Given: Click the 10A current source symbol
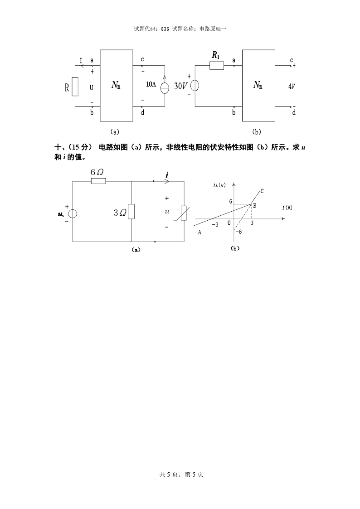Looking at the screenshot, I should (165, 86).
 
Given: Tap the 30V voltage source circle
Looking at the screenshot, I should (195, 86).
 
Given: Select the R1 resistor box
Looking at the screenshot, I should (217, 66).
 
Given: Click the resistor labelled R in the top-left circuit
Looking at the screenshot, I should (75, 86).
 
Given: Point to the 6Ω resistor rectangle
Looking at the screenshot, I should (98, 181).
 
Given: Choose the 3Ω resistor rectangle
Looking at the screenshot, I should (131, 211).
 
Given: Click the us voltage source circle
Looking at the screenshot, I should (73, 213).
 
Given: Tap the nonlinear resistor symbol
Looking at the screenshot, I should (184, 213).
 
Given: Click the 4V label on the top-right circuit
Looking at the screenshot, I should (292, 86).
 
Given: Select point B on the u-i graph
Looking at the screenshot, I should (252, 204).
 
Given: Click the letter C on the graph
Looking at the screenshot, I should (262, 192).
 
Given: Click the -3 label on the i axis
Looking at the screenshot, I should (215, 224).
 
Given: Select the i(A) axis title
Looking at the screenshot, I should (287, 208).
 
